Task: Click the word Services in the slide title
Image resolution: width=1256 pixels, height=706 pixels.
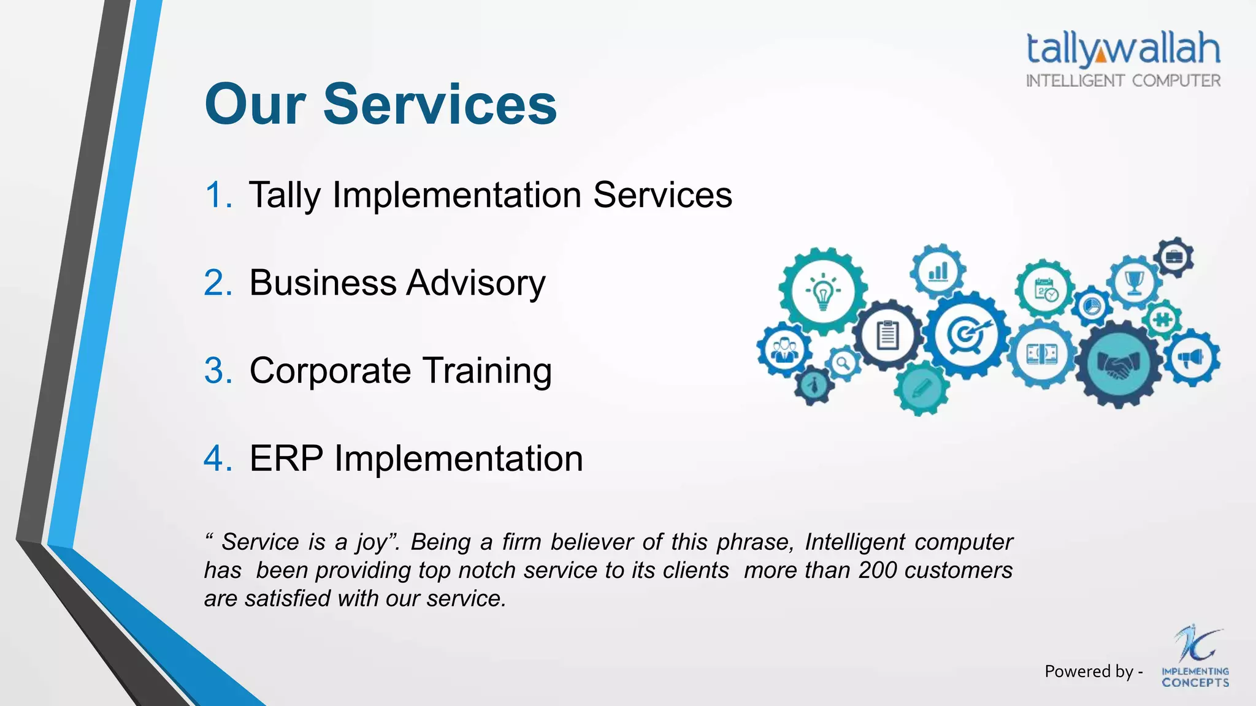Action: pyautogui.click(x=440, y=104)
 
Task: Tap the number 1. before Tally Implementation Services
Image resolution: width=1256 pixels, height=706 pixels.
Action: pyautogui.click(x=218, y=195)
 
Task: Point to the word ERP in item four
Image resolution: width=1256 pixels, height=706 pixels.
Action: pyautogui.click(x=286, y=458)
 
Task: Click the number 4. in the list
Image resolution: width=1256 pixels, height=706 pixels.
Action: pyautogui.click(x=218, y=458)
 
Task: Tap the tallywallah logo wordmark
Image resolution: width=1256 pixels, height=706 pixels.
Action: pyautogui.click(x=1123, y=49)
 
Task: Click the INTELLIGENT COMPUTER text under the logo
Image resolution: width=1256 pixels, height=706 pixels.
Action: pyautogui.click(x=1123, y=81)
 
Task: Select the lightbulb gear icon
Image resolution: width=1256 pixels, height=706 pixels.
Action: pyautogui.click(x=822, y=291)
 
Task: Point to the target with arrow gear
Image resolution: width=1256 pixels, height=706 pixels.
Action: pyautogui.click(x=967, y=334)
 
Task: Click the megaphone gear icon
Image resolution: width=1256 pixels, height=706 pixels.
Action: pyautogui.click(x=1192, y=358)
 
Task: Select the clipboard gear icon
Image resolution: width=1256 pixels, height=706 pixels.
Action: pyautogui.click(x=887, y=335)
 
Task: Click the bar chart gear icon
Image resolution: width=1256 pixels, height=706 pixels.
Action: pyautogui.click(x=938, y=271)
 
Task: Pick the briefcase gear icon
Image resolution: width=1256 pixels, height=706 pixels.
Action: pyautogui.click(x=1174, y=257)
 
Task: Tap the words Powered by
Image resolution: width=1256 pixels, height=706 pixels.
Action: pyautogui.click(x=1089, y=672)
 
